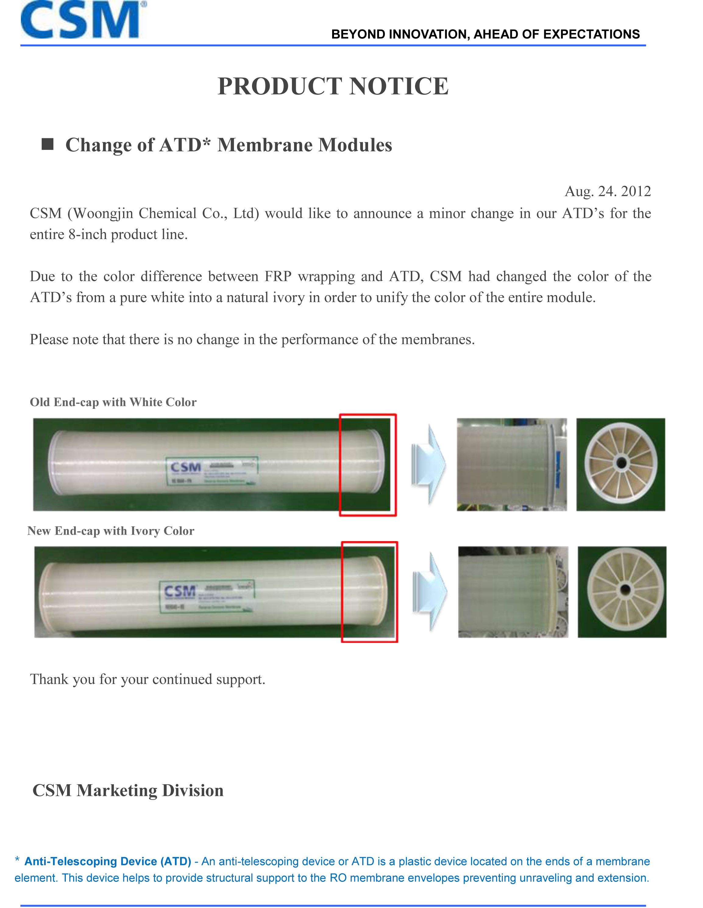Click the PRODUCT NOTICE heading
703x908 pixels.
[x=333, y=87]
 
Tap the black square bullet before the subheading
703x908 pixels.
[x=48, y=144]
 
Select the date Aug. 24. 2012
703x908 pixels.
[x=607, y=191]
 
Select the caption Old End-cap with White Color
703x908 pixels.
[x=113, y=402]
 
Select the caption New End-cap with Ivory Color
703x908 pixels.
[x=111, y=531]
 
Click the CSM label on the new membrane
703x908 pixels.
[x=180, y=591]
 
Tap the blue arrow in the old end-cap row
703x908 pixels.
[x=428, y=465]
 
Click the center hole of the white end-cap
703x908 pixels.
[x=621, y=462]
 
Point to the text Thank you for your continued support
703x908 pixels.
[x=148, y=679]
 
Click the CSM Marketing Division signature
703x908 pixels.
[x=128, y=790]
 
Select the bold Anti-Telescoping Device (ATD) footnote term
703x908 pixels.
[x=108, y=861]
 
